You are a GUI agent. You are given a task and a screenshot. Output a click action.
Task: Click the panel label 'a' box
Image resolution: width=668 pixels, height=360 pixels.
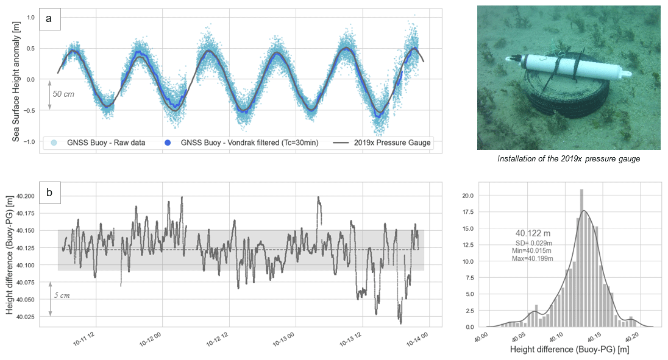click(49, 19)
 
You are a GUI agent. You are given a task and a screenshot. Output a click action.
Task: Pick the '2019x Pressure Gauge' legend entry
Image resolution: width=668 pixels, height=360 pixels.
click(382, 143)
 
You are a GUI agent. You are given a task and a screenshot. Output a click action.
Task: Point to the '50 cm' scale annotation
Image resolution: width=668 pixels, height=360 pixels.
click(64, 94)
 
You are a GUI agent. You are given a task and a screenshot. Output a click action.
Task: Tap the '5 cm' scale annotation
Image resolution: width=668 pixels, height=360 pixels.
click(62, 295)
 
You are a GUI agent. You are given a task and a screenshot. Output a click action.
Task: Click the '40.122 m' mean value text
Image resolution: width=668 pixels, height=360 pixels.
click(533, 233)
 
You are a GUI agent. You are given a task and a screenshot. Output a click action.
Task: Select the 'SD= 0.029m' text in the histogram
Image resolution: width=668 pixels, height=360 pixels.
click(533, 243)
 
